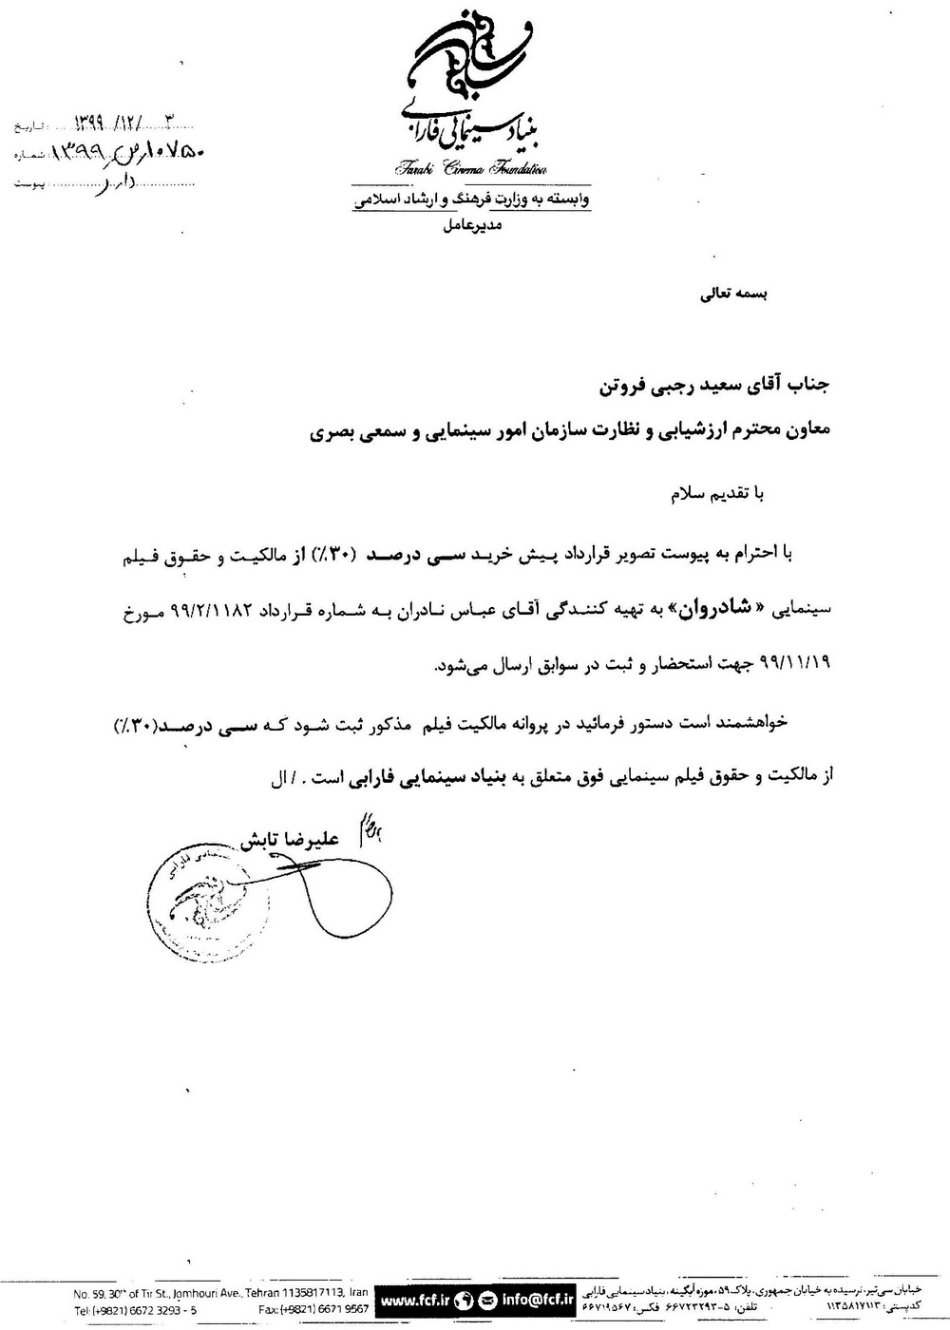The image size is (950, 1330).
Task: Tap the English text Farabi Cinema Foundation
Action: point(470,169)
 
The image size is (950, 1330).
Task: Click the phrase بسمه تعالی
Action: point(733,294)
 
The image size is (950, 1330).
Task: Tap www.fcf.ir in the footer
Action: point(415,1298)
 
